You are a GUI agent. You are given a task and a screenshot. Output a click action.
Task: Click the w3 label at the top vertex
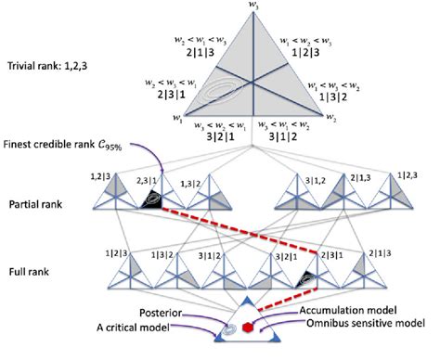click(x=252, y=6)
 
